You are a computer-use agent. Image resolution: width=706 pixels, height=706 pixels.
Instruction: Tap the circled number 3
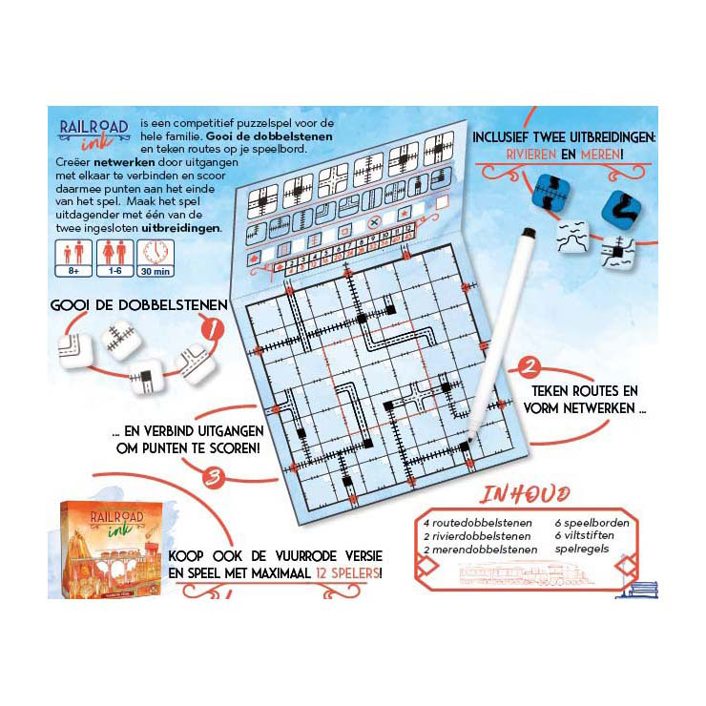click(x=216, y=473)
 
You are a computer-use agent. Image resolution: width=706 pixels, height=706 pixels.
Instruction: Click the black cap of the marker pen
click(x=528, y=235)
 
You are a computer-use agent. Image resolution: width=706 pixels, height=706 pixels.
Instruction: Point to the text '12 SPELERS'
click(x=349, y=573)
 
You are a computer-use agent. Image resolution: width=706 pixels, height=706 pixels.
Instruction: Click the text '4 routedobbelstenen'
click(x=472, y=523)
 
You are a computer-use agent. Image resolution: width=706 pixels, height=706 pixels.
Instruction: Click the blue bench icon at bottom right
click(x=634, y=589)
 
